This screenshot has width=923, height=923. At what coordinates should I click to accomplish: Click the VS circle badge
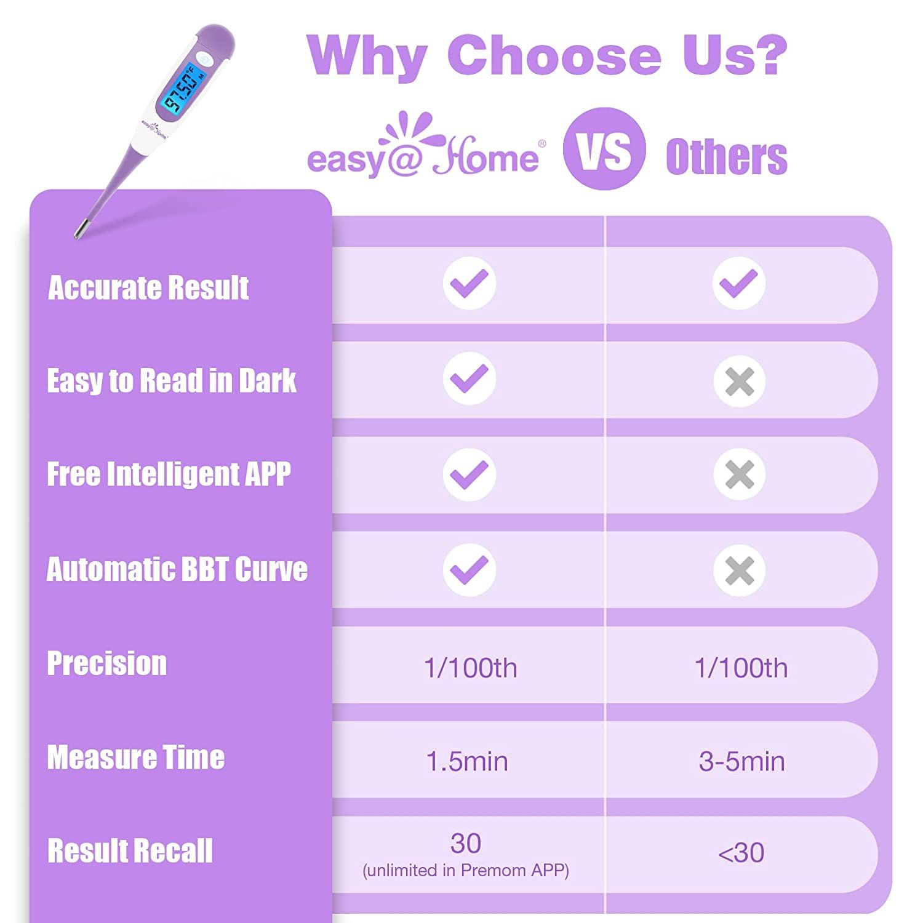point(604,149)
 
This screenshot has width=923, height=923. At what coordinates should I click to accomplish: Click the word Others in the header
point(726,157)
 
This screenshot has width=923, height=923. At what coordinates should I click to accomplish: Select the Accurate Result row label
point(148,288)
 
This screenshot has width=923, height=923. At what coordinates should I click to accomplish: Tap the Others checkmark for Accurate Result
point(739,284)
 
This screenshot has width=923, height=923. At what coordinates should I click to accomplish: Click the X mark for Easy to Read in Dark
point(739,382)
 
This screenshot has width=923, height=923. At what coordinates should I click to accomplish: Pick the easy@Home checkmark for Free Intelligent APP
point(469,474)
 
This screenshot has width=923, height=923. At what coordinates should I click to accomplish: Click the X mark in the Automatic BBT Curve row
point(739,570)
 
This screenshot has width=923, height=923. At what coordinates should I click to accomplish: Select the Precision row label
point(107,664)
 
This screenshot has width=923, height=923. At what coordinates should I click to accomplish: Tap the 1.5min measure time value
point(467,762)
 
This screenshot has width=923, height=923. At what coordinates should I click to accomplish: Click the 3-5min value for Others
point(741,762)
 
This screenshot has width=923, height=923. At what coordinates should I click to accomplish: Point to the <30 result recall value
point(741,853)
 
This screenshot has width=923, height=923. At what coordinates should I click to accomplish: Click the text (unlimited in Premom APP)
point(466,871)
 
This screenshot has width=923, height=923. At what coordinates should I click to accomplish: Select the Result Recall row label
point(130,851)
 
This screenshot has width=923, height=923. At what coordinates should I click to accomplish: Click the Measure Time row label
point(136,757)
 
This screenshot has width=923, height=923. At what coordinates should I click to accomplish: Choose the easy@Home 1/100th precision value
point(470,668)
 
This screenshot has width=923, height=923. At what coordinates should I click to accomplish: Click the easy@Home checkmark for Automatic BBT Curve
point(469,570)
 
